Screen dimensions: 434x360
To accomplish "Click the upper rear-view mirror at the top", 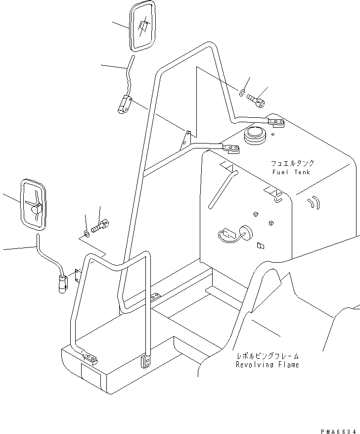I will point(142,26).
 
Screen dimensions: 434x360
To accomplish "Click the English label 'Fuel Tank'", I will point(291,172).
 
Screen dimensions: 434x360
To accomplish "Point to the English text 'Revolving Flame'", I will point(267,365).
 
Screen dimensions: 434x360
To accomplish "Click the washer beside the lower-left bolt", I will point(87,233).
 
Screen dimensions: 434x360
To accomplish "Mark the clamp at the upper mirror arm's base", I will point(124,105).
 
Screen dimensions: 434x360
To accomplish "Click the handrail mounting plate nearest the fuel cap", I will point(230,147).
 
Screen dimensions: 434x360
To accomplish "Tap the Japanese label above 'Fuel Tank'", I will point(292,163).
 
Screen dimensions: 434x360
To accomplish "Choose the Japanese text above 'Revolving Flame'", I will point(267,356).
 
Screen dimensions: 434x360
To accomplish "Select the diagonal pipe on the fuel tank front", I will point(223,188).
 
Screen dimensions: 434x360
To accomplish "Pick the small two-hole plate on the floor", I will point(155,296).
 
